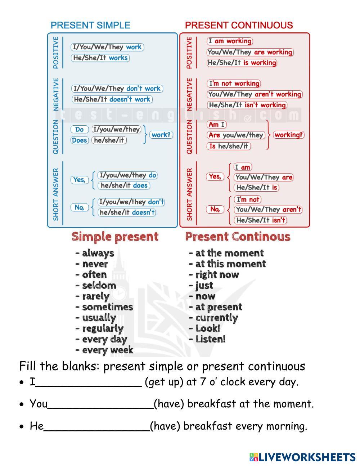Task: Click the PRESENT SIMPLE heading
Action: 90,25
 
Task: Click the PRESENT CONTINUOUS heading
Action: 239,25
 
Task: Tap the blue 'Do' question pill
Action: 80,129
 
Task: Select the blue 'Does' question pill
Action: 80,140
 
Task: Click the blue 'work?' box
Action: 161,135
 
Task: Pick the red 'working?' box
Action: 289,135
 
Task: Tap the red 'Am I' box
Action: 217,124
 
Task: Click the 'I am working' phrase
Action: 230,41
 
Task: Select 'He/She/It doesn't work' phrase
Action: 112,99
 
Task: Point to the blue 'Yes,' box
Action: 80,179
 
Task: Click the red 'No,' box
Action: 215,209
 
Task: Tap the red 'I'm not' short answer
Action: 247,199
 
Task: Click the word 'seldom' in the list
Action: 99,286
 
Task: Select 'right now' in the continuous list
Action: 217,275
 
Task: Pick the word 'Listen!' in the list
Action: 210,339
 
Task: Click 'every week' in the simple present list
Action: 107,350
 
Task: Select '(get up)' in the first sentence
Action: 164,382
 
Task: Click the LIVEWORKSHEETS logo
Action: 302,457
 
